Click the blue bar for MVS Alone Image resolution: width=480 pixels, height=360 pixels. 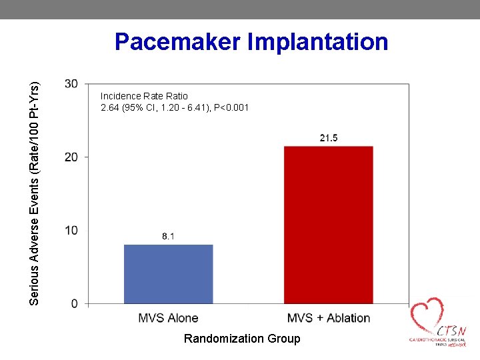click(x=169, y=274)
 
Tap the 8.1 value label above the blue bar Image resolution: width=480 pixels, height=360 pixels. click(x=168, y=237)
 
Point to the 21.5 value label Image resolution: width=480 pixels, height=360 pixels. click(x=328, y=138)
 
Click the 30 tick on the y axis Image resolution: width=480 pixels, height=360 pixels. click(x=71, y=83)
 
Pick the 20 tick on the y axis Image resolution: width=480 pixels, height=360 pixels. click(x=71, y=157)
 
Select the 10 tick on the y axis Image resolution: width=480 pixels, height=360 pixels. click(x=71, y=230)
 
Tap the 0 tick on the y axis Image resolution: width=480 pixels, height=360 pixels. click(x=74, y=303)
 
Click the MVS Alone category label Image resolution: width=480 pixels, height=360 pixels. click(x=168, y=317)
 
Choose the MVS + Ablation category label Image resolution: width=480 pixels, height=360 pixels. click(x=328, y=317)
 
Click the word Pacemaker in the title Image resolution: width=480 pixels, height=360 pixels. click(x=177, y=42)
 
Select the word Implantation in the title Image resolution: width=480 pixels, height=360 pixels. click(x=318, y=42)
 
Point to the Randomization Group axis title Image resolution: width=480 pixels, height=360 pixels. click(x=242, y=339)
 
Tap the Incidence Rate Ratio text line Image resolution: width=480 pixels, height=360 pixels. click(x=144, y=96)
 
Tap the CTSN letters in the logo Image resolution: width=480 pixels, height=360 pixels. click(x=452, y=331)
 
